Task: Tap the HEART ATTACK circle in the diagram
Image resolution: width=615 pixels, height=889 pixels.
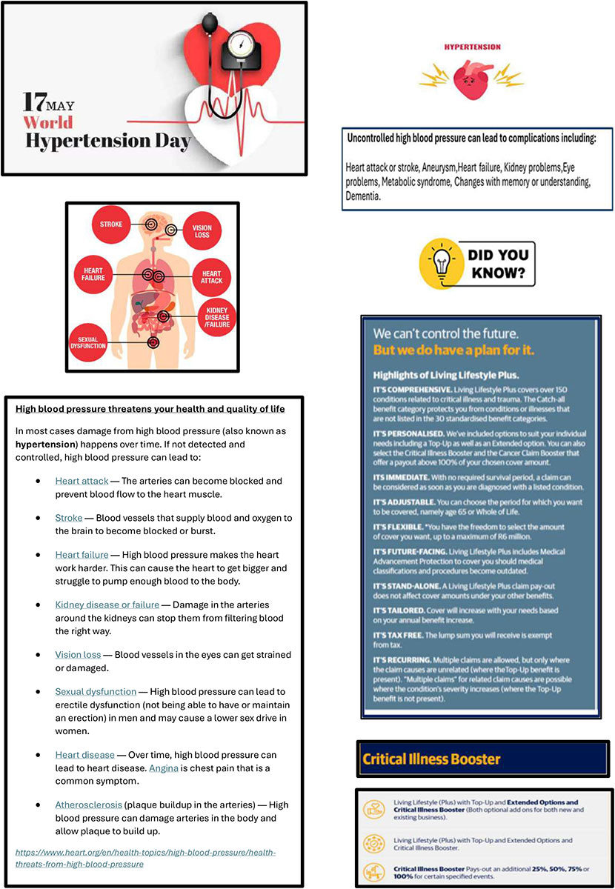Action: pos(211,277)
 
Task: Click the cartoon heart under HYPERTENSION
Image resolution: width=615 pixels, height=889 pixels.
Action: pos(471,76)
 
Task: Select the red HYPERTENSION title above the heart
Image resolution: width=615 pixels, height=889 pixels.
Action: pos(472,47)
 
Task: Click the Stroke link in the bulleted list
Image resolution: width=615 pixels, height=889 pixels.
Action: pos(68,517)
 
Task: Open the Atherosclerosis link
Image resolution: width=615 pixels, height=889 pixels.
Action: pos(89,805)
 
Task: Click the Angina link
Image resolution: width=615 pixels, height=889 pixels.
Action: pos(163,768)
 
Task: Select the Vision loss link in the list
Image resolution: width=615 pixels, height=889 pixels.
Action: pos(78,655)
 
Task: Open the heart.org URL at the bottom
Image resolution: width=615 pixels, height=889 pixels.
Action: pos(146,858)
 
